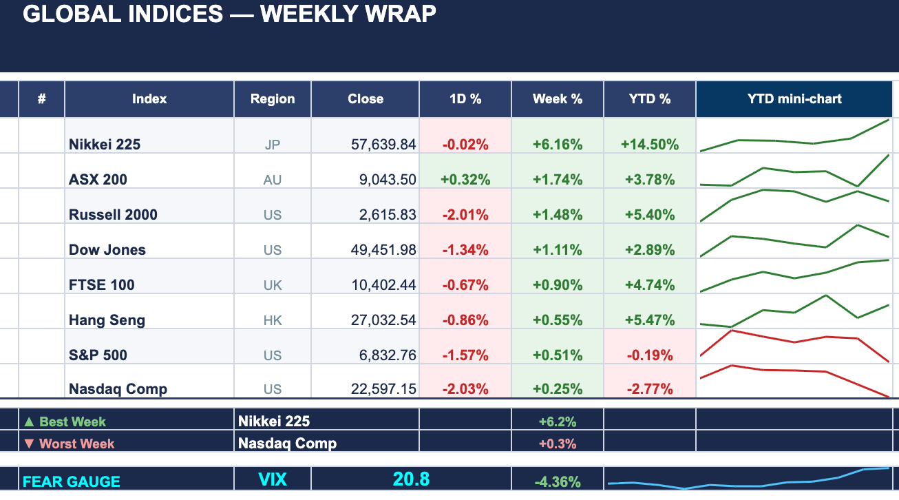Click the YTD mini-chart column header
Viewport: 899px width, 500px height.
tap(794, 99)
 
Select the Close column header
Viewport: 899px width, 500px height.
tap(366, 99)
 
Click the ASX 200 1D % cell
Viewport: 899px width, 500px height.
tap(465, 180)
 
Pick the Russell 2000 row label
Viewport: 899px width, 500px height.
tap(113, 215)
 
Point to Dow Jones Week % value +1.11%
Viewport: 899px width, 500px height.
tap(558, 250)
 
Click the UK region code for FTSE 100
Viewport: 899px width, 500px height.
tap(273, 285)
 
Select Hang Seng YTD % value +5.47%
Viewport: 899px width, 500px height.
tap(650, 320)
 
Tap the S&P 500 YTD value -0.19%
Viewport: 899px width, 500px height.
tap(650, 355)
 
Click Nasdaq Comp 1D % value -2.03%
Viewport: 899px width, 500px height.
tap(465, 389)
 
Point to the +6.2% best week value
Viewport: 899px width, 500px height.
tap(558, 421)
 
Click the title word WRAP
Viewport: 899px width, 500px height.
tap(401, 14)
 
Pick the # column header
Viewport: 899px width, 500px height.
tap(42, 99)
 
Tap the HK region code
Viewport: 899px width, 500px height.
tap(273, 320)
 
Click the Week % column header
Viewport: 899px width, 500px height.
tap(558, 99)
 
